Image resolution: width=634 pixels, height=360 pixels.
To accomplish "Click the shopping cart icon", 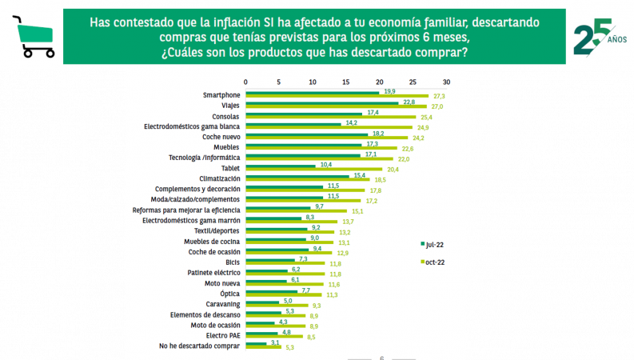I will click(x=33, y=37).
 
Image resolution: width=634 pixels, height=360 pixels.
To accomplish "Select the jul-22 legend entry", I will click(x=433, y=242).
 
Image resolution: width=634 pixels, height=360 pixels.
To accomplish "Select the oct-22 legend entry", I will click(x=433, y=262).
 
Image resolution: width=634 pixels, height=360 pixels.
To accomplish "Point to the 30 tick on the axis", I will click(x=447, y=82).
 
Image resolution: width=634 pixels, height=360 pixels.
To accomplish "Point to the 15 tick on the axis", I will click(x=345, y=82).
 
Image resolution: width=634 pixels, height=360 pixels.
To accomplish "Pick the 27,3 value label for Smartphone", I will click(x=439, y=96).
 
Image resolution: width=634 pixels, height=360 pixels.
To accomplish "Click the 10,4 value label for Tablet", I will click(x=325, y=165).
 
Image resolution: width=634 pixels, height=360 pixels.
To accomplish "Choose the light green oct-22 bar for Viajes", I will click(x=336, y=106).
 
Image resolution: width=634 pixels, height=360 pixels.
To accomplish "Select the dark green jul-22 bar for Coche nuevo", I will click(x=306, y=134).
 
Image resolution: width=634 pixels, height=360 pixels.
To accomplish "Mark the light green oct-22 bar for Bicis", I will click(x=285, y=263).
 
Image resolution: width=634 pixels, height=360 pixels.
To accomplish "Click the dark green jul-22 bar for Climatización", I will click(x=297, y=175).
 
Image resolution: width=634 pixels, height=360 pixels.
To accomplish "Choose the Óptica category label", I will click(x=230, y=294).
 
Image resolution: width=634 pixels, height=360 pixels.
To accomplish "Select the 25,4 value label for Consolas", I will click(x=426, y=117).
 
